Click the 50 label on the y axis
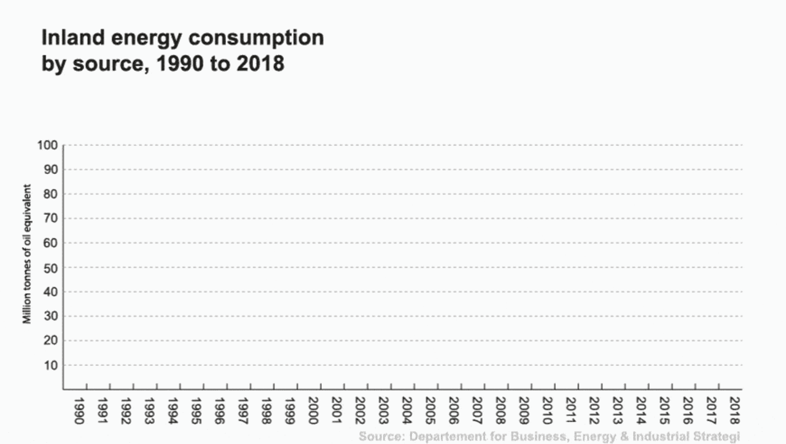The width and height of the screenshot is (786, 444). [x=52, y=268]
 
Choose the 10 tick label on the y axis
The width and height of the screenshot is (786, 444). [x=52, y=365]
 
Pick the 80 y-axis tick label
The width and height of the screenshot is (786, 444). [x=52, y=194]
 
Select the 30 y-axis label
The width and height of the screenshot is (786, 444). [x=52, y=316]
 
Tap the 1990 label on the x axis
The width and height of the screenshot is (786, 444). [x=79, y=411]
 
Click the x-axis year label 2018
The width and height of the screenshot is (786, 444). [x=734, y=411]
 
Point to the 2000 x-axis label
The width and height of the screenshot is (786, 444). [x=313, y=411]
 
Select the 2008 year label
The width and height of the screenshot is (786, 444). [x=500, y=411]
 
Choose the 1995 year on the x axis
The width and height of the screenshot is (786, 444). [x=196, y=411]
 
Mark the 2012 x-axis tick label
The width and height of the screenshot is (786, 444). [x=594, y=411]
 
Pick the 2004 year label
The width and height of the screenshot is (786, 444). [x=407, y=411]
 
